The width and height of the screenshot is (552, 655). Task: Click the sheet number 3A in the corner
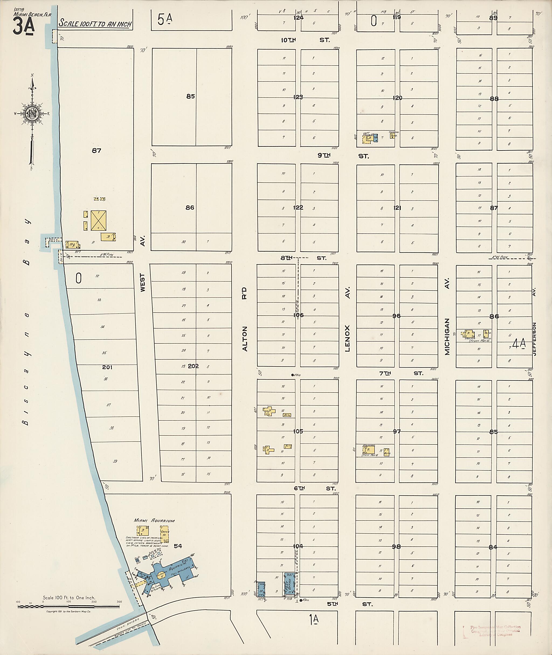pyautogui.click(x=23, y=27)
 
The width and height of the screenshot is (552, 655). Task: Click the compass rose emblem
pyautogui.click(x=31, y=113)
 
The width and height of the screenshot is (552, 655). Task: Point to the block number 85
pyautogui.click(x=190, y=97)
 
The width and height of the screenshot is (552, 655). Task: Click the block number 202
pyautogui.click(x=193, y=366)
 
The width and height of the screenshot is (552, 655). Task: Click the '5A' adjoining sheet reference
pyautogui.click(x=165, y=20)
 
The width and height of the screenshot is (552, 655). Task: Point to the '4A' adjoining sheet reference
pyautogui.click(x=519, y=344)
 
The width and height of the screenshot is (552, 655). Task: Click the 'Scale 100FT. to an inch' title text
pyautogui.click(x=95, y=23)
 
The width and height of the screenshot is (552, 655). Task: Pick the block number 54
pyautogui.click(x=178, y=546)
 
